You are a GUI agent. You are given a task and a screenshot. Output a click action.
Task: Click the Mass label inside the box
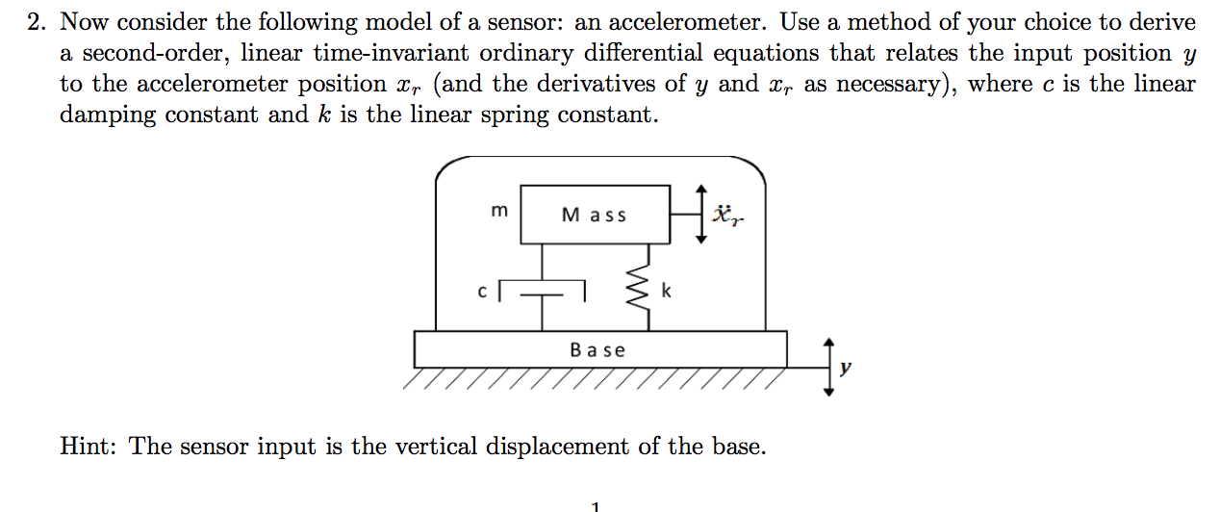594,216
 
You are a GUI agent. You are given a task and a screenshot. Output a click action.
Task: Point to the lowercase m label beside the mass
498,211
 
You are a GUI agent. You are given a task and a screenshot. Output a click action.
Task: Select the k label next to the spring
666,290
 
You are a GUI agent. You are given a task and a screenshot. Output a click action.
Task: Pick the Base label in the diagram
597,350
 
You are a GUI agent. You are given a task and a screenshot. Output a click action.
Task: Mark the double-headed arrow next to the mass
701,215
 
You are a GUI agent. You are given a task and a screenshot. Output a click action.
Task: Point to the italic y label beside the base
845,368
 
